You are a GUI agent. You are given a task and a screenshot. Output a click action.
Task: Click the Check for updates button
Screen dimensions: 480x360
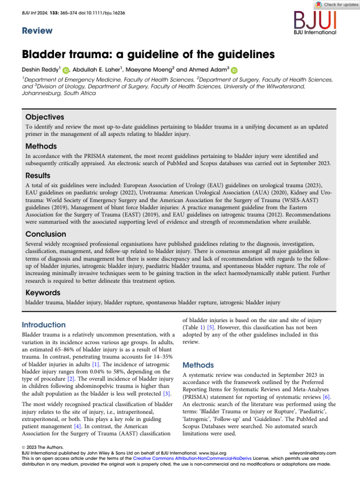coord(335,4)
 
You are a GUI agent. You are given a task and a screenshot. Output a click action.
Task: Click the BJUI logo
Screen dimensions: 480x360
coord(315,22)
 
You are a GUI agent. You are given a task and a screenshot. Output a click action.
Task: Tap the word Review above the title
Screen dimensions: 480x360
coord(37,31)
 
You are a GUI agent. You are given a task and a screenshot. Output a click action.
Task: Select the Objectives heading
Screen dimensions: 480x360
coord(44,117)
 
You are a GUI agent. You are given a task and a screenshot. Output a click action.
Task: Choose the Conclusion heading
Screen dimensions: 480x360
coord(45,233)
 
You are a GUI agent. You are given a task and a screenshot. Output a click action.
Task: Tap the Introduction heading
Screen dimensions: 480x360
coord(44,325)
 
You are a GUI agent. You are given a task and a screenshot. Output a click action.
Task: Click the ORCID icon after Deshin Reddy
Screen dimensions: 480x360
coord(66,70)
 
